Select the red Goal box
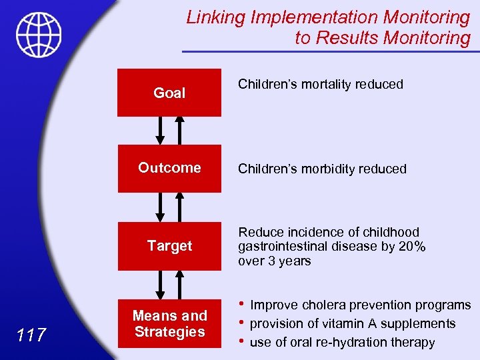point(169,93)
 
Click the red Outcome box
point(169,168)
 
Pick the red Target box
point(169,246)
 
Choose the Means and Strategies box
point(169,323)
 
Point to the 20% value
point(411,247)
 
